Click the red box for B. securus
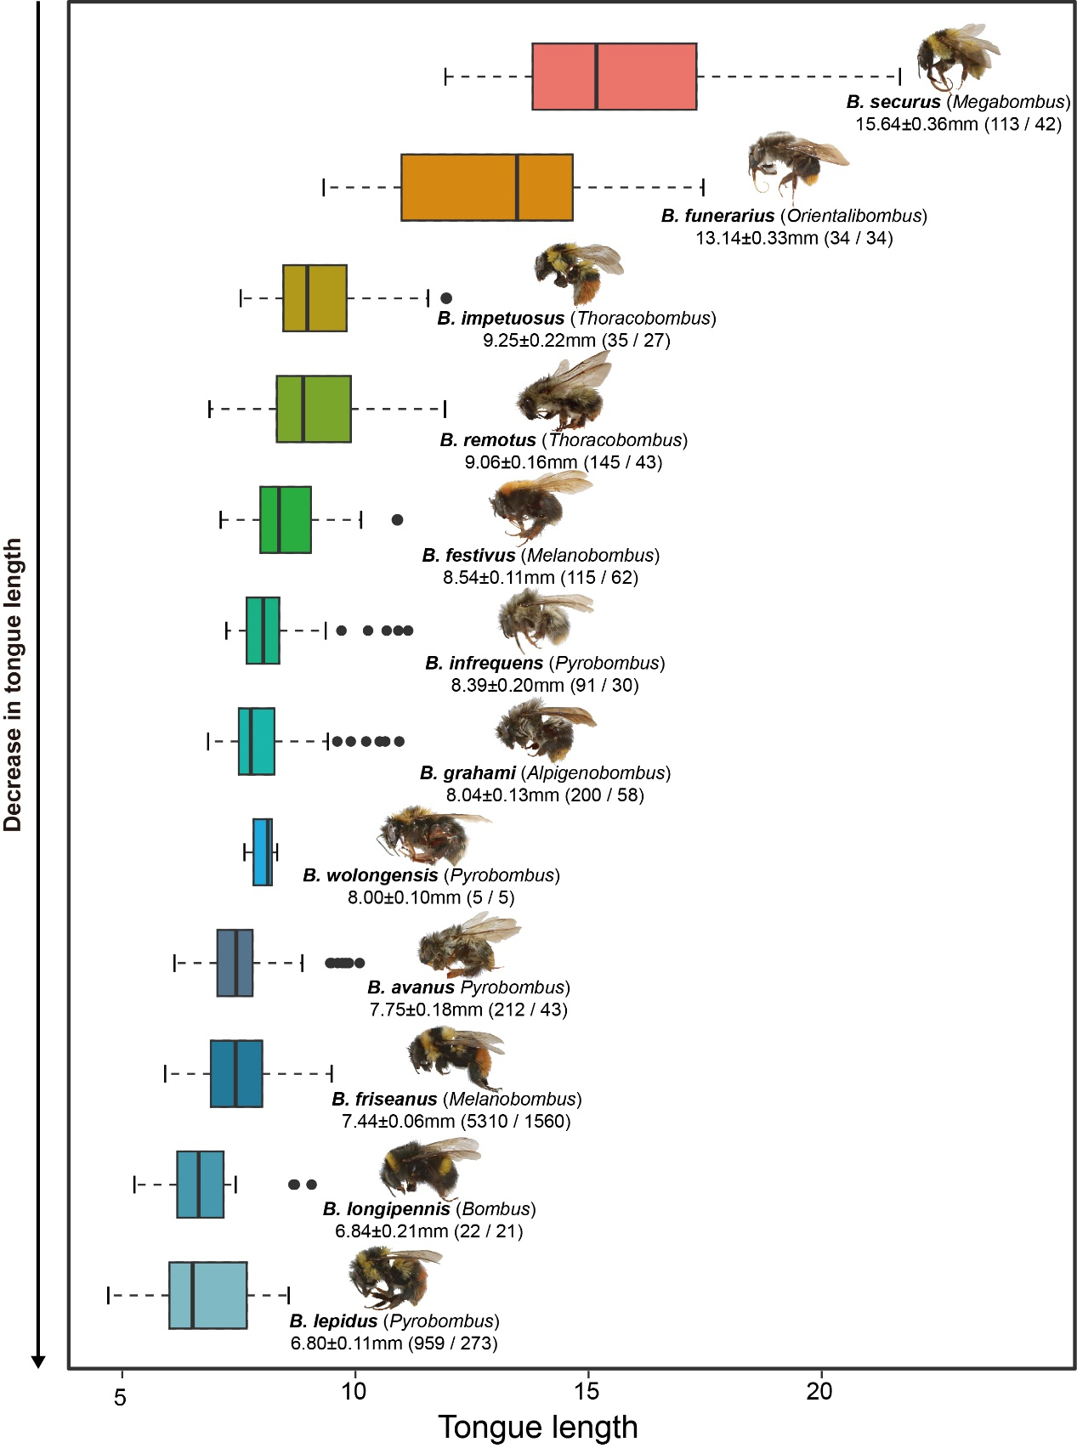[614, 76]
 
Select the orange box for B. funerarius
[486, 187]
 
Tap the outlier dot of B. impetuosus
[445, 298]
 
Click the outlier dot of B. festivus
[397, 519]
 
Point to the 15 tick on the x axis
[587, 1369]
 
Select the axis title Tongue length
[537, 1428]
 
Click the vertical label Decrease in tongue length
[14, 684]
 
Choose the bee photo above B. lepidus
[393, 1277]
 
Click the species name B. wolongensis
[371, 875]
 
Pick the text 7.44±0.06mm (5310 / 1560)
[456, 1122]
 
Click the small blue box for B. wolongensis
[262, 851]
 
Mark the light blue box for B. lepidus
[207, 1295]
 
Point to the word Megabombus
[1008, 102]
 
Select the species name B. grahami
[468, 773]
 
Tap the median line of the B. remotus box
[303, 409]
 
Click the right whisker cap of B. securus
[899, 76]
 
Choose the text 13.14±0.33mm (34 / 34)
[794, 238]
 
